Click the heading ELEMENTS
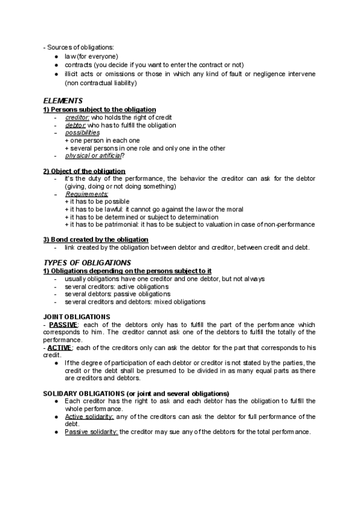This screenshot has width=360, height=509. tap(62, 101)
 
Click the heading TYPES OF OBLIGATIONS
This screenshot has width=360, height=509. tap(86, 263)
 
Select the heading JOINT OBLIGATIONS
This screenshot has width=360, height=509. tap(76, 316)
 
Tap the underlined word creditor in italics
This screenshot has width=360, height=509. tap(77, 118)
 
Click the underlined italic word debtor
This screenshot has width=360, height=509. tap(74, 125)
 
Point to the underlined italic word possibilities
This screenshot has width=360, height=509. tap(82, 133)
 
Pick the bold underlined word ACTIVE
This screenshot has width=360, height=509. tap(60, 348)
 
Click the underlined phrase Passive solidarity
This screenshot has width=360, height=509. tap(92, 432)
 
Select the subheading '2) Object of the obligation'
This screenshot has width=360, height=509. tap(84, 171)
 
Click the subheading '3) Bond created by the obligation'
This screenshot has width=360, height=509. tap(95, 239)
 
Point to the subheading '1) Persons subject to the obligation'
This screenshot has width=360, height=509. tap(100, 110)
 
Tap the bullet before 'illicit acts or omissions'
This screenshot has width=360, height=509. tap(55, 74)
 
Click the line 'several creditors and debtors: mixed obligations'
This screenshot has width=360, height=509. tap(135, 302)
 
